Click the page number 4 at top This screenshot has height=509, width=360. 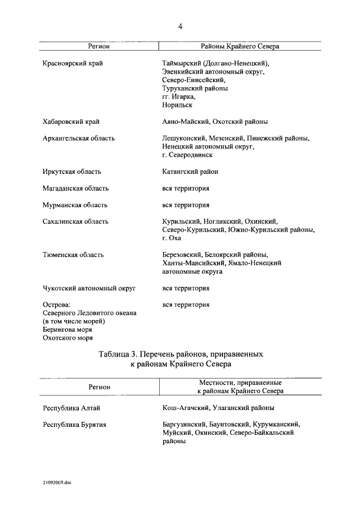click(x=180, y=26)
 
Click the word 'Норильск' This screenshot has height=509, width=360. click(x=177, y=105)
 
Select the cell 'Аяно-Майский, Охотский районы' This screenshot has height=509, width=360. click(x=214, y=121)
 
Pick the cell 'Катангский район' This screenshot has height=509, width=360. click(x=190, y=172)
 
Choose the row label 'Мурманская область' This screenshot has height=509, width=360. click(x=75, y=205)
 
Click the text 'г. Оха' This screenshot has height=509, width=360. click(x=172, y=238)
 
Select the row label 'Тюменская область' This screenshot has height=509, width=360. click(x=73, y=255)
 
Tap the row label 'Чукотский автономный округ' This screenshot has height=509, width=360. click(x=89, y=289)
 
